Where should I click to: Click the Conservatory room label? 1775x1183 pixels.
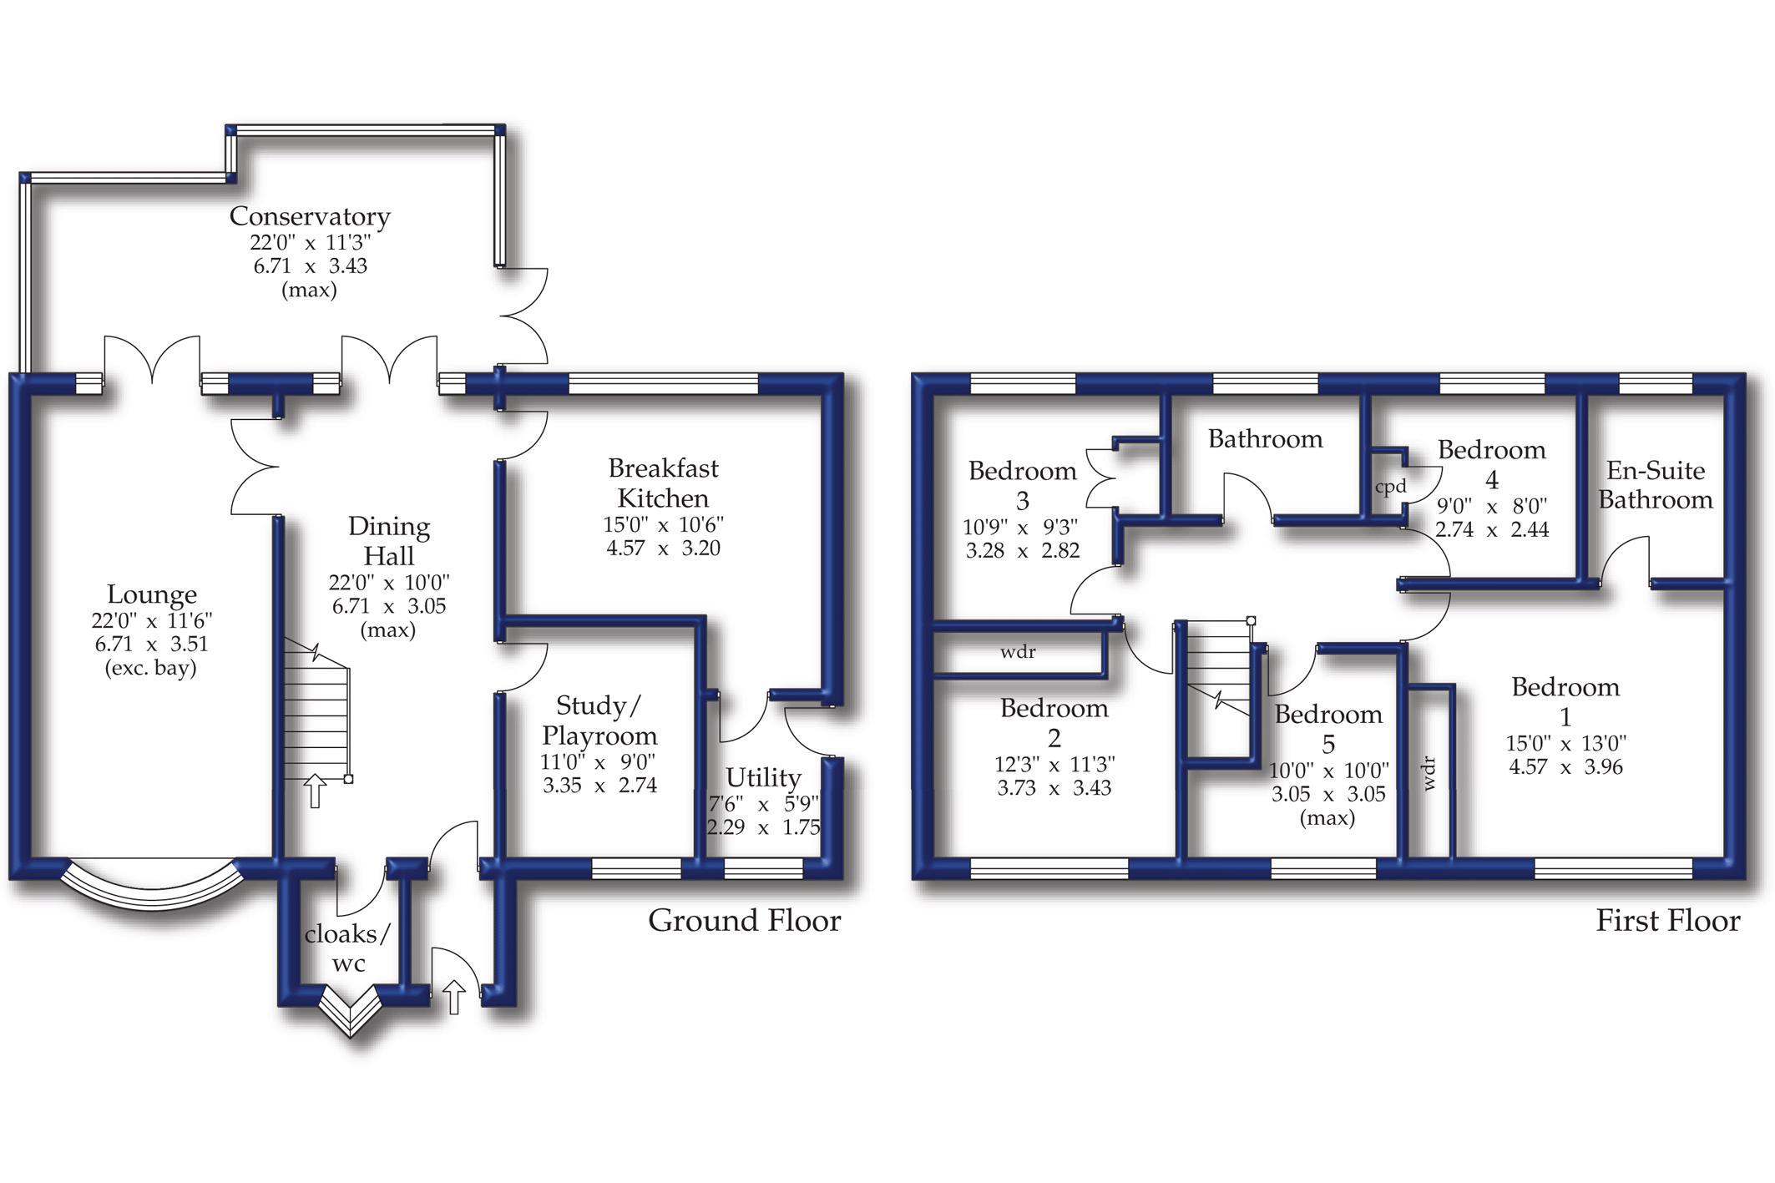click(x=310, y=216)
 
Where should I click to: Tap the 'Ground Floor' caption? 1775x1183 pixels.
click(x=744, y=921)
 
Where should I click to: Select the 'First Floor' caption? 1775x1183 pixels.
click(x=1667, y=921)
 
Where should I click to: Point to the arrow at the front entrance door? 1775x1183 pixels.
click(x=453, y=997)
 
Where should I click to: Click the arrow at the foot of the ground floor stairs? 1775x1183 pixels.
click(x=315, y=791)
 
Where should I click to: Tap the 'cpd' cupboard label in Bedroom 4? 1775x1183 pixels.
click(x=1390, y=487)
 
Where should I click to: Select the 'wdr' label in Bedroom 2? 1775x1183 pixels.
click(x=1018, y=652)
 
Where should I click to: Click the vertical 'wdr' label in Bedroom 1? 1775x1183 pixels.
click(x=1429, y=773)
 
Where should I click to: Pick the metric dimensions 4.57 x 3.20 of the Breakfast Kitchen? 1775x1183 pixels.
click(x=663, y=549)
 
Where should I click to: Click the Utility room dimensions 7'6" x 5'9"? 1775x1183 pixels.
click(x=763, y=804)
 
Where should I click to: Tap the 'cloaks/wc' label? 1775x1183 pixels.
click(x=347, y=948)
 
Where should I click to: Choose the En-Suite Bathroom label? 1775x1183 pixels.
click(x=1655, y=485)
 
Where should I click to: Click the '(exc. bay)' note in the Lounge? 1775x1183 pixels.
click(x=151, y=668)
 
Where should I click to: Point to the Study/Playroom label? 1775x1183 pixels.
click(x=599, y=720)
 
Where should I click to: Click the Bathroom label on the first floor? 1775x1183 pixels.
click(x=1265, y=439)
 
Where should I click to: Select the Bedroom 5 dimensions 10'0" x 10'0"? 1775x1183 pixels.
click(x=1328, y=771)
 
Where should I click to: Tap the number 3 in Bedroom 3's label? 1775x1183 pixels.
click(x=1022, y=501)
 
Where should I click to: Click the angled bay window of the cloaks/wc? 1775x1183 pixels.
click(x=351, y=1012)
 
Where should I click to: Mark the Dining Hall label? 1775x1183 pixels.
click(x=389, y=541)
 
